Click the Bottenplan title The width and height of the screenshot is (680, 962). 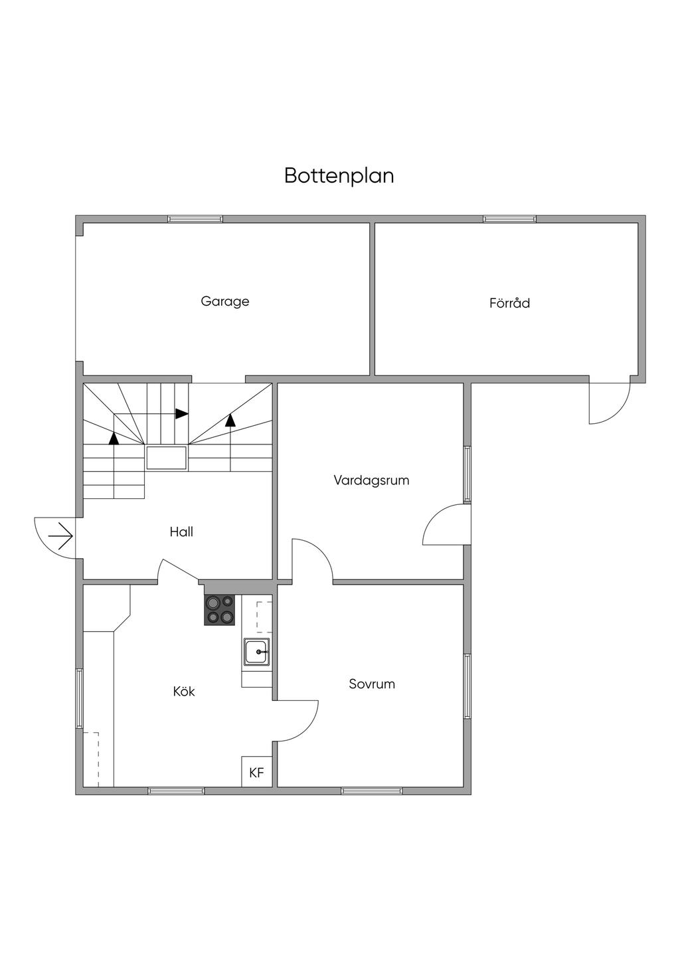tap(339, 175)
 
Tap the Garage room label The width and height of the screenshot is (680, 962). tap(225, 302)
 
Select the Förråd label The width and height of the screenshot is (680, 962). tap(509, 304)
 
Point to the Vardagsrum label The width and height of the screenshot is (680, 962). tap(371, 480)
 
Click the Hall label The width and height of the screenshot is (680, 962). tap(181, 531)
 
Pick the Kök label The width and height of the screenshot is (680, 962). tap(184, 692)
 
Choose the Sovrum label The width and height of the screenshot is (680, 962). tap(372, 684)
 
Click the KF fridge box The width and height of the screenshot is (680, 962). tap(256, 773)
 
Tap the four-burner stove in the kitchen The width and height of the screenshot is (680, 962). tap(220, 610)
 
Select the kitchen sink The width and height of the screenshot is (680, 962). tap(256, 652)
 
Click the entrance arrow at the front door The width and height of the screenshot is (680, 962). tap(60, 535)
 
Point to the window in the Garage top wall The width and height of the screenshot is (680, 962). tap(195, 219)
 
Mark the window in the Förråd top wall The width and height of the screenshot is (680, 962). tap(509, 219)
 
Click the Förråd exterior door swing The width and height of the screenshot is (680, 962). tap(610, 403)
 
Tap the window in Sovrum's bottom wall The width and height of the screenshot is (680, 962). tap(371, 791)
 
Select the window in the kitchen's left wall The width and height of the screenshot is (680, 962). tap(79, 699)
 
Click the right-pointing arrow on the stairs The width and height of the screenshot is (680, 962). tap(181, 413)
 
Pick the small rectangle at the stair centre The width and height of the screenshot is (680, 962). tap(166, 458)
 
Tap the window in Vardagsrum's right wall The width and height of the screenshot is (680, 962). tap(467, 474)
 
